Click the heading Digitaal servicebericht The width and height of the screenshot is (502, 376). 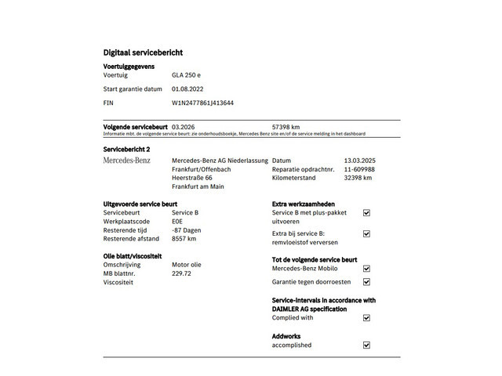[143, 52]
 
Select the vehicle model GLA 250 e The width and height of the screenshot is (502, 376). [187, 75]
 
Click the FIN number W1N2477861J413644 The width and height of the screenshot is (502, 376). [202, 103]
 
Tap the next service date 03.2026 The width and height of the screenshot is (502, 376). [184, 126]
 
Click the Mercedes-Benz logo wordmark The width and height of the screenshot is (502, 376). [127, 161]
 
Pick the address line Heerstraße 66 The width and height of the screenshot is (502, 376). [192, 178]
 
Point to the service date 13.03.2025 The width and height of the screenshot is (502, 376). [360, 161]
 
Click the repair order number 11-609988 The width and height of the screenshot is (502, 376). [359, 169]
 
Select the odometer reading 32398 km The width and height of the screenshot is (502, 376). [358, 178]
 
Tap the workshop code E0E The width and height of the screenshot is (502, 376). [177, 222]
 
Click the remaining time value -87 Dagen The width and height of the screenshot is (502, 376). [187, 230]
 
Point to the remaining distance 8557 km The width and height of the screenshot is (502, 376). [184, 239]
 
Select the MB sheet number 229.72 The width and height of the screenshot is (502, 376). [182, 273]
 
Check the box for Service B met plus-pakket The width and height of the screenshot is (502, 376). [366, 213]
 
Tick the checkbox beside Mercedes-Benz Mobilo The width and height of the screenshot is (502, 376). [366, 269]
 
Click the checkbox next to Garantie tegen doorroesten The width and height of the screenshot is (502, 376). [366, 282]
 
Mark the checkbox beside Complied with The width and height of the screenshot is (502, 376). [366, 318]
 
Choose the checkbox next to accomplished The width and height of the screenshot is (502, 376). [366, 345]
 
